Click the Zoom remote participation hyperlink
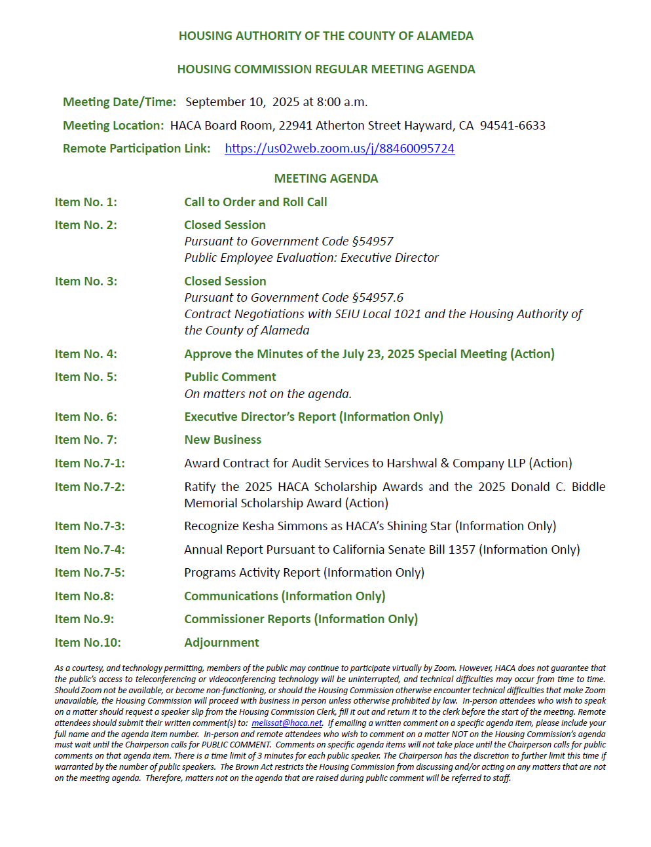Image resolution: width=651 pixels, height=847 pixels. [339, 149]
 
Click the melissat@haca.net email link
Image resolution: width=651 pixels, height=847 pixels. [287, 723]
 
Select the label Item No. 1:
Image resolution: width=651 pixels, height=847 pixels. [86, 202]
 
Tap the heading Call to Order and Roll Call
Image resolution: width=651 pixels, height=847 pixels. [255, 202]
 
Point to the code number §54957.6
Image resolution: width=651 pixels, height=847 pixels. [377, 298]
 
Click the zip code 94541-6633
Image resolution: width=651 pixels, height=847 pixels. [512, 126]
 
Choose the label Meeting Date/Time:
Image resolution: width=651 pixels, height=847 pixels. [119, 102]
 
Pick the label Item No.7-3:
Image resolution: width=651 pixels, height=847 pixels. [90, 526]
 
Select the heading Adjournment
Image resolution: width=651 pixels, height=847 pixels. [221, 643]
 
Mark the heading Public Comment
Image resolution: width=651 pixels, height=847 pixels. [230, 377]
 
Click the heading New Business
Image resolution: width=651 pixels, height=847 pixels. [223, 440]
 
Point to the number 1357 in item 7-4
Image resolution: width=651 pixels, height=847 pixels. [462, 550]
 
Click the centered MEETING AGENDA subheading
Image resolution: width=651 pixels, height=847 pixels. [325, 179]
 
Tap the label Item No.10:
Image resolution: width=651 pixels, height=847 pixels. [88, 643]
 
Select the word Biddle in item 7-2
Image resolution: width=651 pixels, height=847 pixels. [588, 487]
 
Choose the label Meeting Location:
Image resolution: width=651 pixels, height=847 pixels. [113, 126]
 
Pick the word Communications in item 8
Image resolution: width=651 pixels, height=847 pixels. [231, 596]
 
